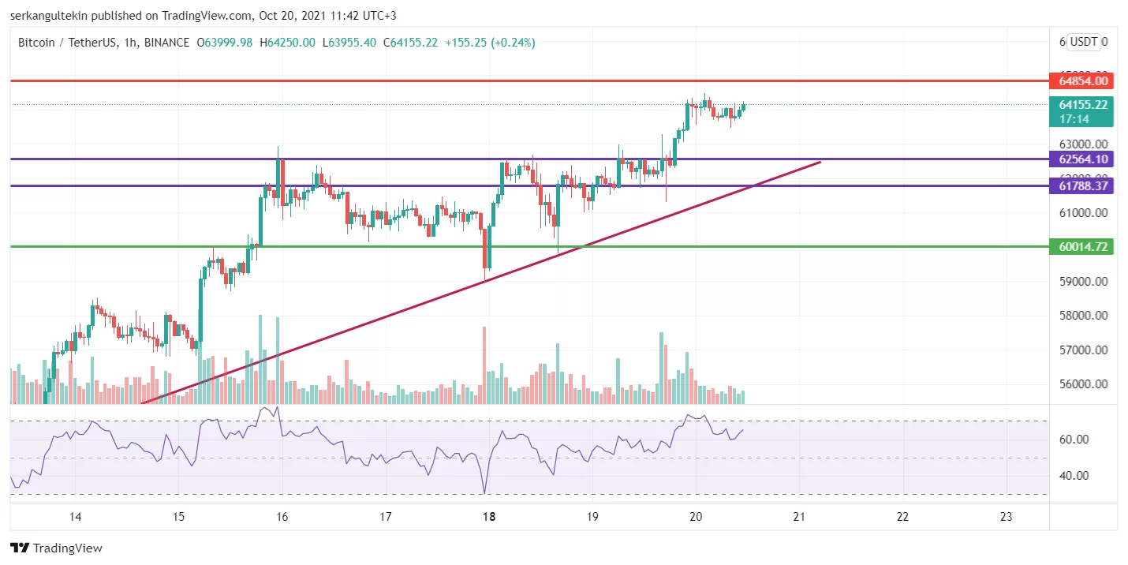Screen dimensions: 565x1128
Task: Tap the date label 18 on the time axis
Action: [489, 517]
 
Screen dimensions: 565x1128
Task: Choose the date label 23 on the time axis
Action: [1006, 517]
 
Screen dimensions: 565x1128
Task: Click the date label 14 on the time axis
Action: [76, 517]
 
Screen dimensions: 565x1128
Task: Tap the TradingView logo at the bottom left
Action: [56, 548]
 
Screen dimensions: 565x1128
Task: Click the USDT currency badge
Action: [1084, 42]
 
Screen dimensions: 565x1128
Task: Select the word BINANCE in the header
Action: [166, 43]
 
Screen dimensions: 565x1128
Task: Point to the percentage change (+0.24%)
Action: [513, 43]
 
